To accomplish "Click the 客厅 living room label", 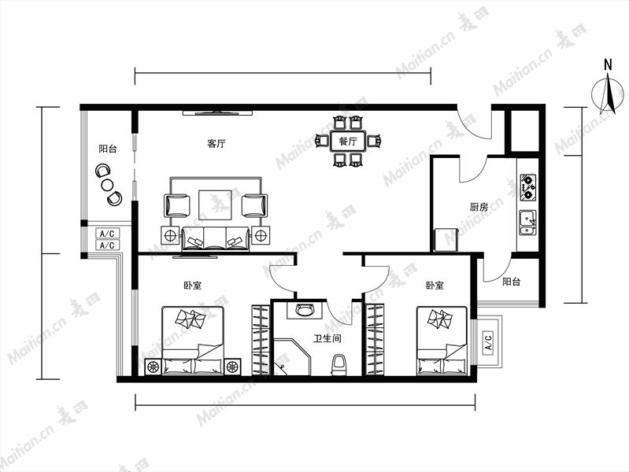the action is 216,143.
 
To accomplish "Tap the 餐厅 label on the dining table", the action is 348,142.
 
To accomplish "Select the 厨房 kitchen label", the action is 479,207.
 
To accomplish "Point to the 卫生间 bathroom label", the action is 327,339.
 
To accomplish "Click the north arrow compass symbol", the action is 609,95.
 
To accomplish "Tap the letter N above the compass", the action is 609,65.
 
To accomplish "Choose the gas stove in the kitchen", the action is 528,187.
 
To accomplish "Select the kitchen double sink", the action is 528,223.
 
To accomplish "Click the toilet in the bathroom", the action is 339,364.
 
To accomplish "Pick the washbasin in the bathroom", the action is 305,310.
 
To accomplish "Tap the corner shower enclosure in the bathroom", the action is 291,357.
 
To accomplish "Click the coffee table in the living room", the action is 215,205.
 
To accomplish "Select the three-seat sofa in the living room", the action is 216,239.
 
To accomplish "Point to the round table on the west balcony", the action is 108,185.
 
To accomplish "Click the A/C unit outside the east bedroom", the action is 488,341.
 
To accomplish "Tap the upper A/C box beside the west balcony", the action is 107,234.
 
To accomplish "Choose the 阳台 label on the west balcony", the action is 108,149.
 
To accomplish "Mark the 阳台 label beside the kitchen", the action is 512,282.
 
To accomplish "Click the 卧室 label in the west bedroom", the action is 193,286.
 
